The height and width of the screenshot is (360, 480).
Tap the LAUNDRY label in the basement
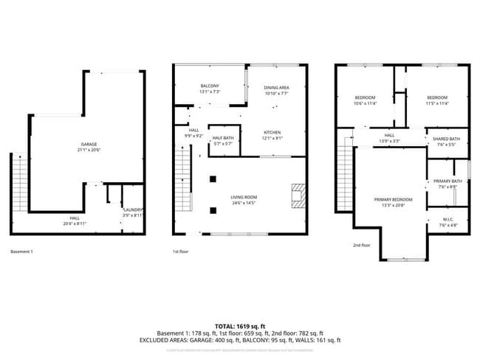click(x=132, y=210)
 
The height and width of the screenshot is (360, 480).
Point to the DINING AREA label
click(x=276, y=88)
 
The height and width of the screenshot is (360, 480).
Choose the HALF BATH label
click(x=223, y=138)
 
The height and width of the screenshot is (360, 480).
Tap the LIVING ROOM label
click(x=243, y=197)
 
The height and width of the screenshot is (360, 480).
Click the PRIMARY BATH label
click(x=448, y=181)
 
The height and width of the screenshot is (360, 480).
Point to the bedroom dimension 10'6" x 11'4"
click(x=366, y=103)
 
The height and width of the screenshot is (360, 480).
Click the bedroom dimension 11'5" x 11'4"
click(x=437, y=103)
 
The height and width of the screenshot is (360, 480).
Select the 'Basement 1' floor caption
click(x=21, y=252)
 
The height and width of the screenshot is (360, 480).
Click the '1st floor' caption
click(x=181, y=252)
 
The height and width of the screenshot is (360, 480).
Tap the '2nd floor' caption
click(x=362, y=245)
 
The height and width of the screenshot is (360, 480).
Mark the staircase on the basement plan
click(x=20, y=184)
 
